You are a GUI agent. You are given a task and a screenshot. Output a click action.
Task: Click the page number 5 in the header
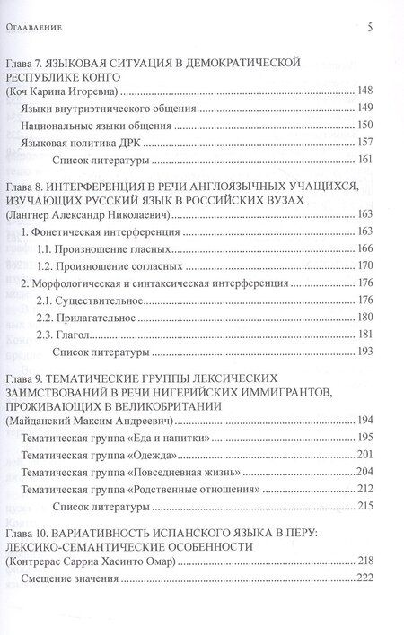370,28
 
